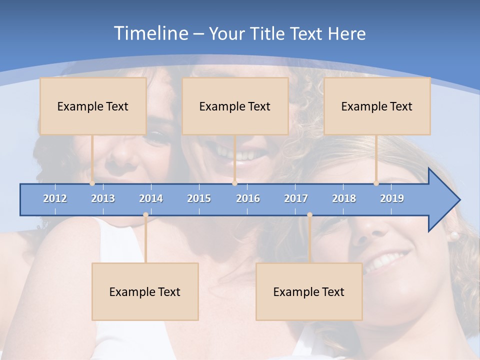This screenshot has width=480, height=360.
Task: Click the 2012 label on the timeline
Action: pyautogui.click(x=55, y=198)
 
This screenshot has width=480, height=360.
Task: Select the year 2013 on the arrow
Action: pyautogui.click(x=103, y=198)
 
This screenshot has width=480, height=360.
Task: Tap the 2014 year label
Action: pyautogui.click(x=151, y=198)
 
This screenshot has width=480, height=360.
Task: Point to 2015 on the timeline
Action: pyautogui.click(x=199, y=198)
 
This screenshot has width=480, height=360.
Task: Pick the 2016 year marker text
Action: pyautogui.click(x=248, y=198)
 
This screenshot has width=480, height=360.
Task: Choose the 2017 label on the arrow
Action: pyautogui.click(x=296, y=198)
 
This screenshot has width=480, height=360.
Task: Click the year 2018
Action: pyautogui.click(x=344, y=198)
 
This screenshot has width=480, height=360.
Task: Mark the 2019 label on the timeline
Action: pyautogui.click(x=392, y=198)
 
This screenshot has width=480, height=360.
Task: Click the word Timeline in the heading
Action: pyautogui.click(x=150, y=33)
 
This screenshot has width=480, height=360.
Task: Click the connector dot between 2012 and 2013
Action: pyautogui.click(x=92, y=183)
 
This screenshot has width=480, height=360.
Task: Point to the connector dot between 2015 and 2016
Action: pyautogui.click(x=234, y=183)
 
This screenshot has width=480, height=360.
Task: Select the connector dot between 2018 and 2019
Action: pyautogui.click(x=376, y=183)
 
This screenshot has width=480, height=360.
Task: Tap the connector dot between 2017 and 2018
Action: pyautogui.click(x=309, y=215)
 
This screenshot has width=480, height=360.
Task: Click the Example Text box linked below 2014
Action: pyautogui.click(x=145, y=291)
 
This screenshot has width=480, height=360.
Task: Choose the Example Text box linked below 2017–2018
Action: pyautogui.click(x=309, y=291)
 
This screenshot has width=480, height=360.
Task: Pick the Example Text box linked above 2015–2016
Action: pyautogui.click(x=235, y=106)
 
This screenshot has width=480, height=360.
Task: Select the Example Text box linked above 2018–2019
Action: pyautogui.click(x=377, y=106)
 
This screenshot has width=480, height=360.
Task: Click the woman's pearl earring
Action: pyautogui.click(x=454, y=235)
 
